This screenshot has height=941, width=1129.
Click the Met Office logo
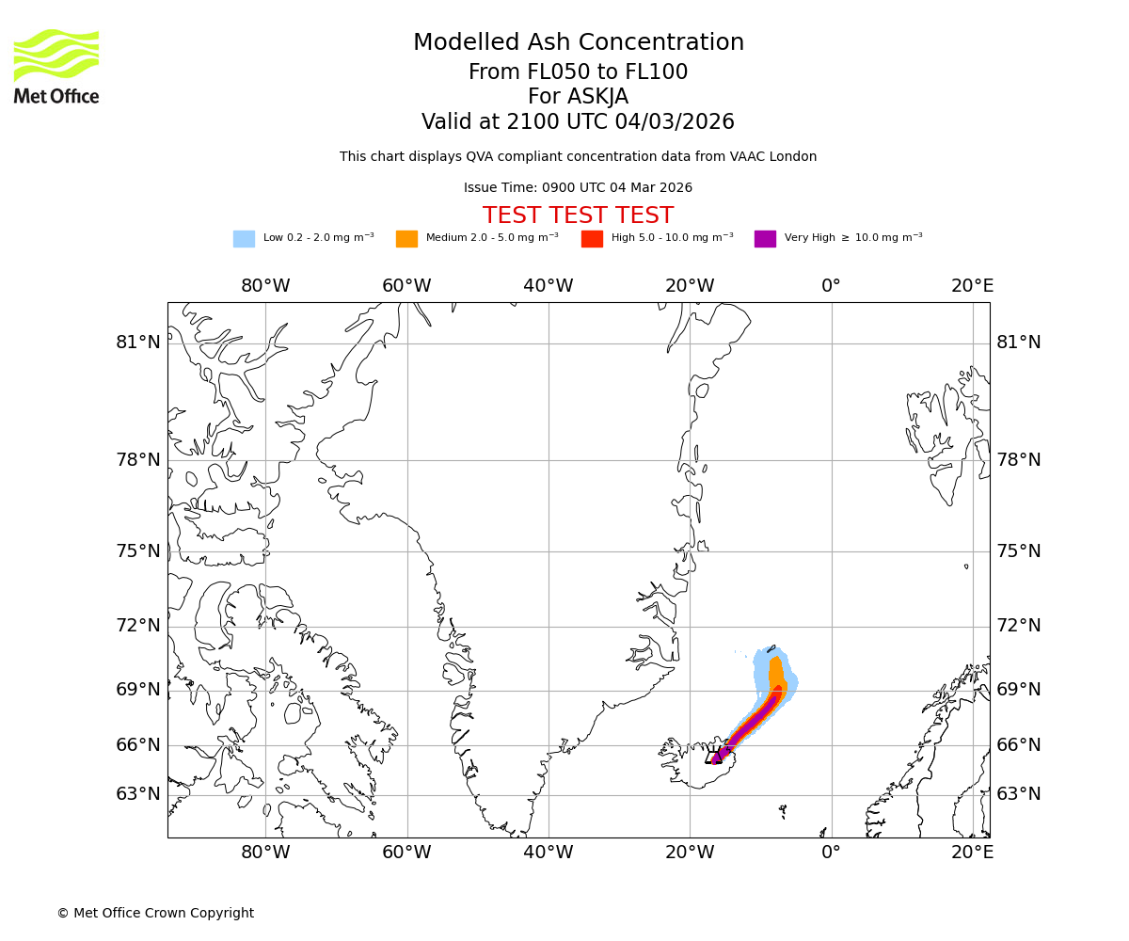(56, 66)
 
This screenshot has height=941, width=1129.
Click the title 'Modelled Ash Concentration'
(578, 43)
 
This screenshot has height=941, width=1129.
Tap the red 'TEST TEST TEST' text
(578, 216)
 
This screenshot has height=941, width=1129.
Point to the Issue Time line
(578, 188)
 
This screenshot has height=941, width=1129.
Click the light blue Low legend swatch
(244, 239)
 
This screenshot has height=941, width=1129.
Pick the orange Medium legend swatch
(406, 239)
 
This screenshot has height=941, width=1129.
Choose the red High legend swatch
(592, 239)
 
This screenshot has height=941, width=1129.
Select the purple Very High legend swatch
(765, 239)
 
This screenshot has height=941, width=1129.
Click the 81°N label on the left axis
(138, 343)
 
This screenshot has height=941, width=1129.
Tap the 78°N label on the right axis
(1019, 460)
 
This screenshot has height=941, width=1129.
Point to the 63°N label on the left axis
(138, 794)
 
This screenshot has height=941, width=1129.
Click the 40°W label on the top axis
(549, 286)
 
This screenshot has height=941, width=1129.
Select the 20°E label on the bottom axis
(972, 853)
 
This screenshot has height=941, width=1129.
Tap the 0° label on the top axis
(831, 286)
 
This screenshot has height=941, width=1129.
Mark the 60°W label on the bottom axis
(406, 853)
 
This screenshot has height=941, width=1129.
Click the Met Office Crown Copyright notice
(155, 914)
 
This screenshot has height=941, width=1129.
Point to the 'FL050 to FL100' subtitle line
(578, 72)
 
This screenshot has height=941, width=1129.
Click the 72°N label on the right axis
(1019, 626)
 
